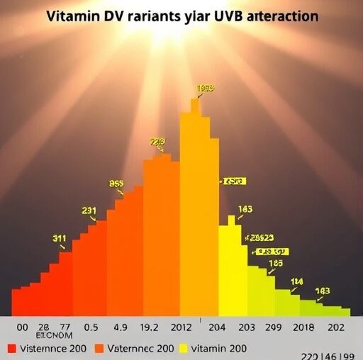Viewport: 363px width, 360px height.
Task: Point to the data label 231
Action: (89, 210)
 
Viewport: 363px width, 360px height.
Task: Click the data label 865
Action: (116, 183)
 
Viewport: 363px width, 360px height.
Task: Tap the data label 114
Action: (296, 281)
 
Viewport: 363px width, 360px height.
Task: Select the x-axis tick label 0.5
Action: (90, 328)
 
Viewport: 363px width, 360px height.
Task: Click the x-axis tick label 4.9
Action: (120, 328)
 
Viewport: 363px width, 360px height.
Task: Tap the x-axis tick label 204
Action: (216, 328)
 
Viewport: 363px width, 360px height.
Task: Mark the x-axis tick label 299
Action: (274, 328)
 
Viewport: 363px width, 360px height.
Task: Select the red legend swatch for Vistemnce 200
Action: (11, 348)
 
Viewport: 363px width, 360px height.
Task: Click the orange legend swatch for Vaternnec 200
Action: (99, 348)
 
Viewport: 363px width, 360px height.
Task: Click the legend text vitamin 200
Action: (219, 348)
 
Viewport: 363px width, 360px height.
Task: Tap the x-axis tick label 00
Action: (21, 328)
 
